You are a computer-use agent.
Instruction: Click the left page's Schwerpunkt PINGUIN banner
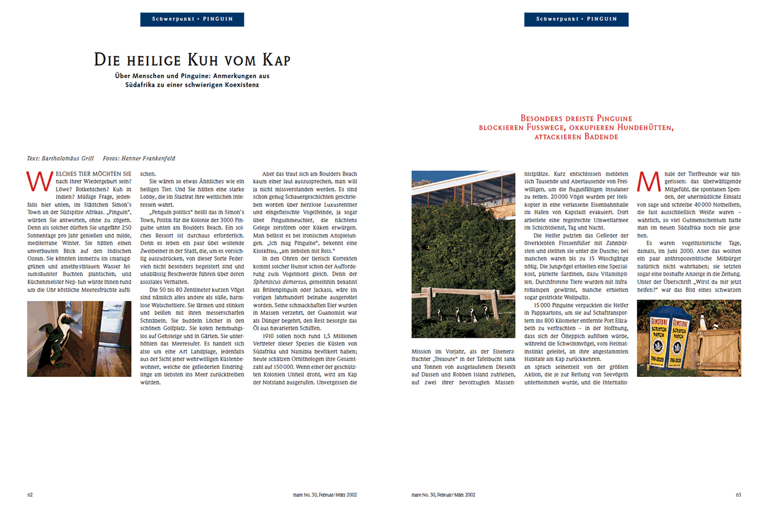[x=192, y=19]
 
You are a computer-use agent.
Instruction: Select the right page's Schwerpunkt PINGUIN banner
[x=576, y=19]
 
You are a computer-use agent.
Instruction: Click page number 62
[x=30, y=494]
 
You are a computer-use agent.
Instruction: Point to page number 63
[x=739, y=494]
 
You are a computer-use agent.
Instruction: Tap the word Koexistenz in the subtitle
[x=237, y=85]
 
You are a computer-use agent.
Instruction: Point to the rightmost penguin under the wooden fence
[x=485, y=314]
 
